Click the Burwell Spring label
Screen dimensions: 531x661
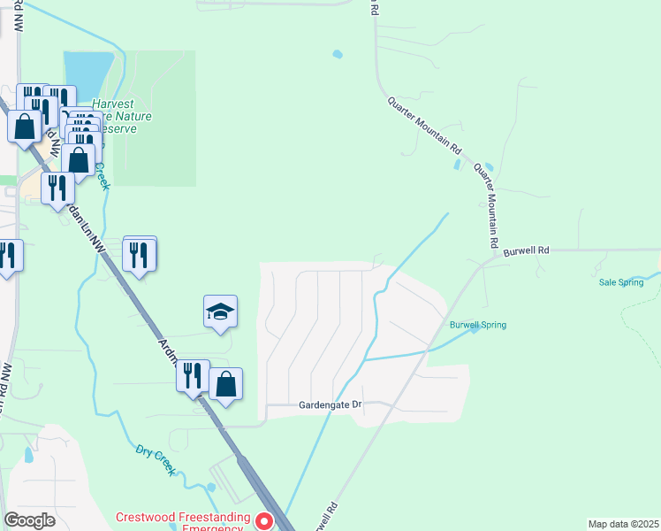(x=477, y=325)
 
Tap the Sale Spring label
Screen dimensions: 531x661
(x=619, y=281)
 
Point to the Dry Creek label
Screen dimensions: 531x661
(x=156, y=460)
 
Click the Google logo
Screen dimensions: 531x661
(x=29, y=520)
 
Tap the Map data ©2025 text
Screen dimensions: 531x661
(x=623, y=523)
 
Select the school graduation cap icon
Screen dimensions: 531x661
(x=220, y=312)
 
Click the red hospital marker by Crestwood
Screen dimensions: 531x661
(x=262, y=520)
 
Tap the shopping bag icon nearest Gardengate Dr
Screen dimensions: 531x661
(x=226, y=384)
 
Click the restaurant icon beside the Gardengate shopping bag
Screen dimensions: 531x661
(x=192, y=376)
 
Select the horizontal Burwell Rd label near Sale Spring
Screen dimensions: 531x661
(x=527, y=251)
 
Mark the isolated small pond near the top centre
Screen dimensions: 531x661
(x=337, y=55)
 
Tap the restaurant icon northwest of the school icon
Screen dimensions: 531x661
(x=140, y=255)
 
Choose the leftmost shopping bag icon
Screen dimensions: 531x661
(x=24, y=126)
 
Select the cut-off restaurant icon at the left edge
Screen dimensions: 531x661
(x=7, y=257)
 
